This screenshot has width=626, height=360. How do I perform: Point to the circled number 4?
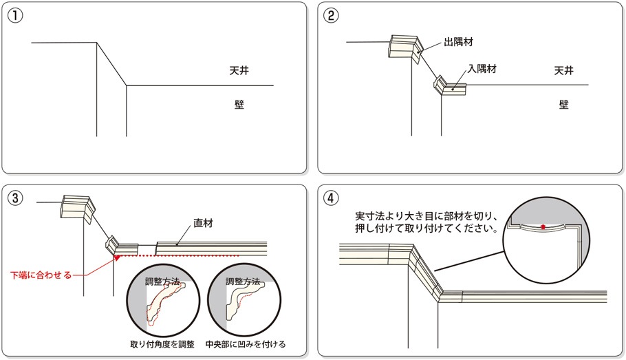pyautogui.click(x=332, y=198)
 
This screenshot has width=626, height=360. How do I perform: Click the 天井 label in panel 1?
pyautogui.click(x=239, y=71)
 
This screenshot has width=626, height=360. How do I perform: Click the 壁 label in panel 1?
pyautogui.click(x=239, y=104)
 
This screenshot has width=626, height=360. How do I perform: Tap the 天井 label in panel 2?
pyautogui.click(x=563, y=71)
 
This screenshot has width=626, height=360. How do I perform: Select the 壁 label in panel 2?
pyautogui.click(x=563, y=104)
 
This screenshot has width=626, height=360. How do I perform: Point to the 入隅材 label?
pyautogui.click(x=482, y=69)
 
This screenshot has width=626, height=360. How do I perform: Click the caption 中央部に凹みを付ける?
pyautogui.click(x=246, y=343)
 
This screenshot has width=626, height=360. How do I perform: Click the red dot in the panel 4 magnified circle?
pyautogui.click(x=543, y=226)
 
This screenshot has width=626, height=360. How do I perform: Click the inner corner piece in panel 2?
pyautogui.click(x=451, y=86)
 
